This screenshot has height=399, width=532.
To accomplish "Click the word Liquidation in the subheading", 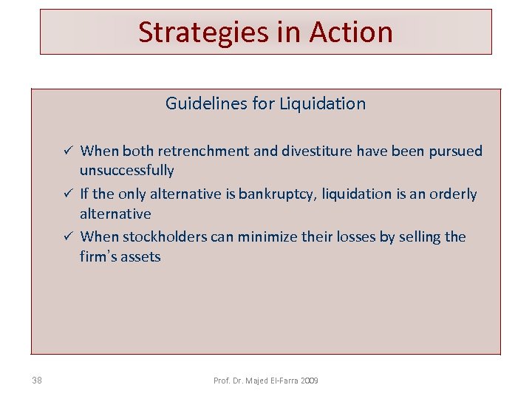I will pos(322,103).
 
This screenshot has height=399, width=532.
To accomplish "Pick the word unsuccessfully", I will pos(127,171).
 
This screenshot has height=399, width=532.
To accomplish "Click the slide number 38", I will pos(37,381).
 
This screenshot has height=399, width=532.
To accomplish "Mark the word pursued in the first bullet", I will pos(453,151).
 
